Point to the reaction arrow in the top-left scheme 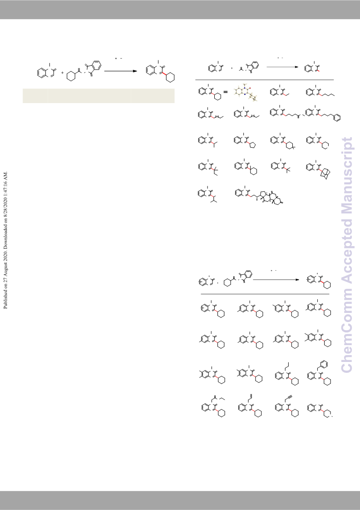(121, 71)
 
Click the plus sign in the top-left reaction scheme (63, 73)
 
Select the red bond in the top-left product (165, 74)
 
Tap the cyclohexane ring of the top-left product (170, 77)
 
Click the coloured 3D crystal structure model (246, 92)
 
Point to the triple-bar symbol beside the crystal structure (226, 92)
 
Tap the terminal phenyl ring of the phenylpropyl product (337, 118)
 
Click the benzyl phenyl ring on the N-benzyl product (324, 364)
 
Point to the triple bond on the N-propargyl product (290, 397)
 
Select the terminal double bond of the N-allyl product (251, 396)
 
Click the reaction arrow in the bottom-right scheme (276, 279)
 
